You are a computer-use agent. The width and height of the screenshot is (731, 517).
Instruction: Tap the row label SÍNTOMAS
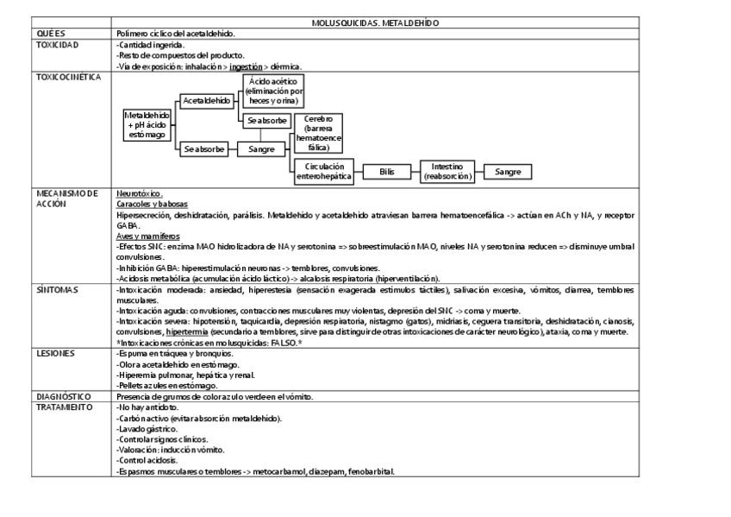54,290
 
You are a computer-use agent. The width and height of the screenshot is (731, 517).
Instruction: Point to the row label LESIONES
53,353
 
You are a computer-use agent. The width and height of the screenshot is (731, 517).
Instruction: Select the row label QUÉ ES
51,34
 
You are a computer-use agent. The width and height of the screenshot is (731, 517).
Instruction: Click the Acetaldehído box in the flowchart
207,100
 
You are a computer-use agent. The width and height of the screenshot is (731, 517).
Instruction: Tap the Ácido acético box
273,91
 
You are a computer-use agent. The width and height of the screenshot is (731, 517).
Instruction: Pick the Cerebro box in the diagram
319,133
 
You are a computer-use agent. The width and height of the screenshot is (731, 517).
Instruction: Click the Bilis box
387,172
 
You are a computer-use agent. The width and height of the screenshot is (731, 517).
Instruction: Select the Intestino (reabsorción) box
447,171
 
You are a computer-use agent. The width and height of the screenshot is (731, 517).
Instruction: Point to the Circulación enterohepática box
324,171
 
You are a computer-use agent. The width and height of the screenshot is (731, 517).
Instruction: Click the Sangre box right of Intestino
508,172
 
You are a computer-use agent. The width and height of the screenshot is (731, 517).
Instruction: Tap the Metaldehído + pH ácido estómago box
148,124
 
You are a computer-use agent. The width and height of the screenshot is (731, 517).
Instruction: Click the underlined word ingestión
245,66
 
